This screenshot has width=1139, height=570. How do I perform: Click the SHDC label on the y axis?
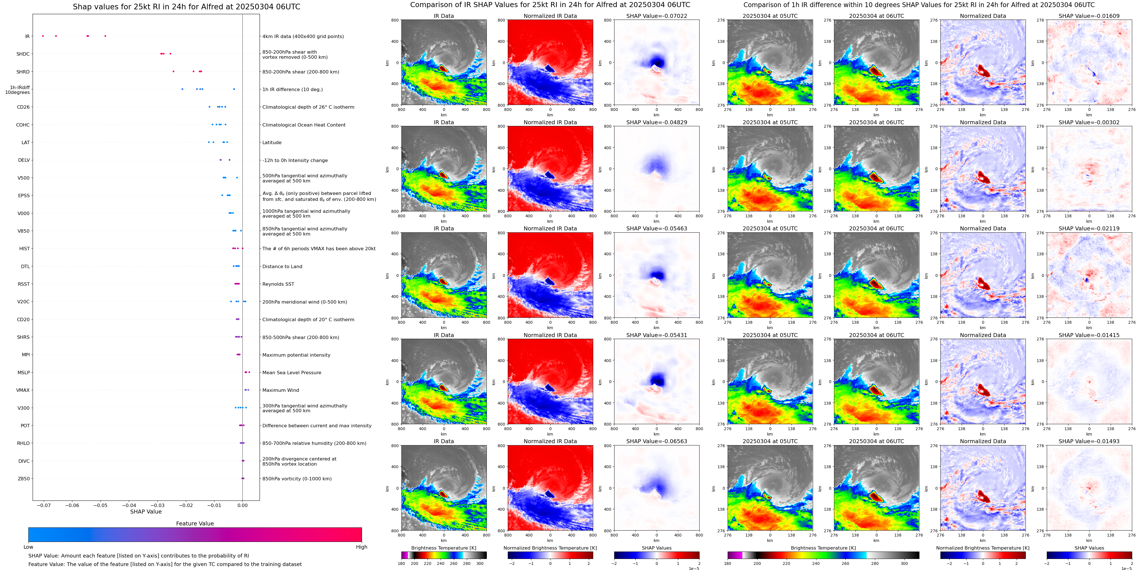(x=23, y=54)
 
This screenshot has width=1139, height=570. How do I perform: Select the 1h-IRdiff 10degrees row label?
(x=18, y=90)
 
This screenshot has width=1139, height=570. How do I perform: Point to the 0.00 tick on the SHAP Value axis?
(x=242, y=505)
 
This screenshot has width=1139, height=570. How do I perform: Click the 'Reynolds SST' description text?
(x=278, y=284)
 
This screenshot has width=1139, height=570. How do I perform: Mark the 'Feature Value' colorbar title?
(x=195, y=523)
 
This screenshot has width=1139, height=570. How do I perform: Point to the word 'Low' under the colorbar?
(x=28, y=547)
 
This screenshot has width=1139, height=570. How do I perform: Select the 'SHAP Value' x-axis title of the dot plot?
(x=146, y=512)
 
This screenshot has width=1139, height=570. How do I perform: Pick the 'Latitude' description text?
(x=272, y=143)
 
